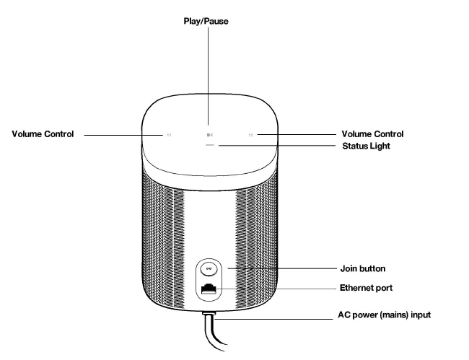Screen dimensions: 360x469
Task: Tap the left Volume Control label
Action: tap(43, 134)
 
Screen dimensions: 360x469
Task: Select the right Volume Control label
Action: tap(371, 134)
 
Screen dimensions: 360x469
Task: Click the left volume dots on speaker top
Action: tap(169, 134)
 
